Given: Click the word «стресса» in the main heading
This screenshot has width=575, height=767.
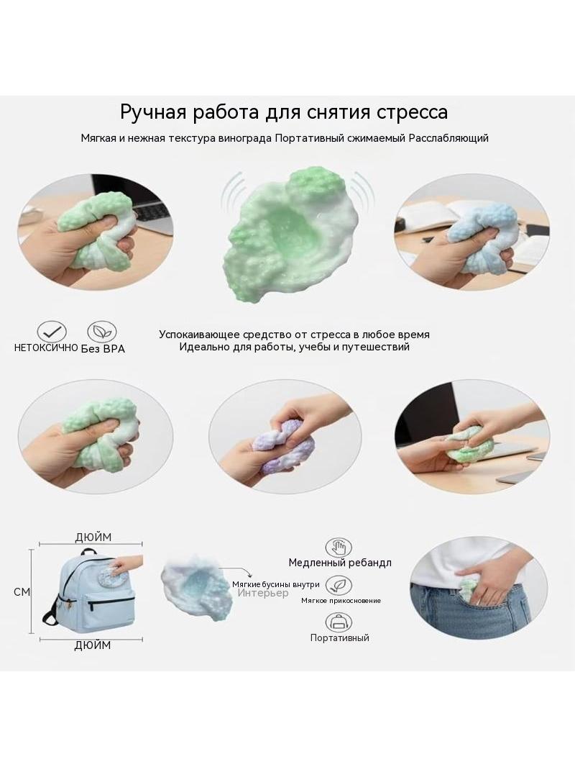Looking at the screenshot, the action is [x=412, y=112].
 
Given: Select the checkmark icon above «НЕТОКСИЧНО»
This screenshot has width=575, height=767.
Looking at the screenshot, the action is [x=52, y=332].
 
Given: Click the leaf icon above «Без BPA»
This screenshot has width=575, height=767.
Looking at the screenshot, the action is [x=102, y=332].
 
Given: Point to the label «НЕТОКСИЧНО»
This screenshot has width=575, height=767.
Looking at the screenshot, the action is [x=46, y=348].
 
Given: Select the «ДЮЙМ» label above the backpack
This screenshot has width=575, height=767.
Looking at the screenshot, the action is [x=93, y=537].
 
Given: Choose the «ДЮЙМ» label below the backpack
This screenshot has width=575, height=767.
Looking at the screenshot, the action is [x=93, y=645].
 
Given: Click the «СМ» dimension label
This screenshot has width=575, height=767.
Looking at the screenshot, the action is [x=22, y=592].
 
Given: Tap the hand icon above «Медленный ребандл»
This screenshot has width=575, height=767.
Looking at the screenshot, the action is [x=339, y=548].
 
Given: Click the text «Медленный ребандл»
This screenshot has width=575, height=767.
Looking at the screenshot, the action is [x=340, y=563].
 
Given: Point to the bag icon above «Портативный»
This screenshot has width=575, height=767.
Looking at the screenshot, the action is [x=339, y=622].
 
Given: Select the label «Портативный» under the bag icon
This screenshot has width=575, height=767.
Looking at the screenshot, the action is [x=339, y=637].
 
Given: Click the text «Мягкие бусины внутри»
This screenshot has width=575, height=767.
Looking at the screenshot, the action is [x=276, y=584].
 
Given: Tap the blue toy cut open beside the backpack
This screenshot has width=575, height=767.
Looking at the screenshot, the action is [x=195, y=587].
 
